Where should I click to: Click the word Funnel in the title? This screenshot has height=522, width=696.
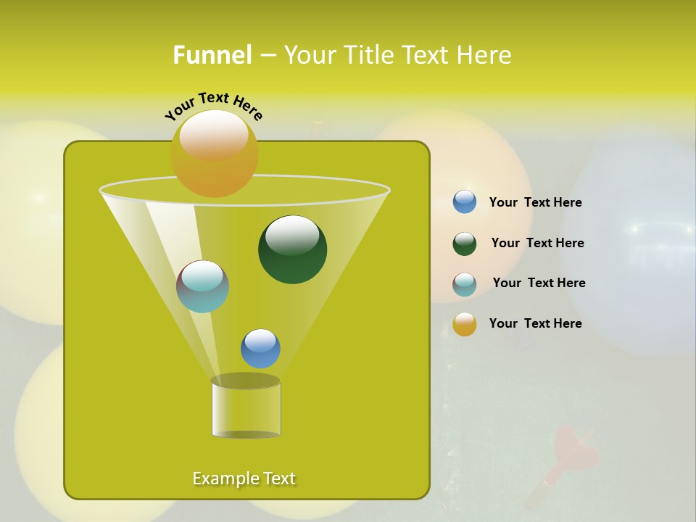point(212,55)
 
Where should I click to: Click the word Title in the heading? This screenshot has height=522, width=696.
point(369,55)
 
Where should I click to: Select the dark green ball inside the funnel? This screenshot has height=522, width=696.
point(292,250)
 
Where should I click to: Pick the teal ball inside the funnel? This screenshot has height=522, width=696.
point(202,287)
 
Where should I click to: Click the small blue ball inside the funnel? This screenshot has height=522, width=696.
point(260,349)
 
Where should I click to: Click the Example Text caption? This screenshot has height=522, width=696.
point(244,478)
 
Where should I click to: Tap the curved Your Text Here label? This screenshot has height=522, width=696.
point(213,106)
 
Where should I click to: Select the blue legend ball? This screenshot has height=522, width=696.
point(465,202)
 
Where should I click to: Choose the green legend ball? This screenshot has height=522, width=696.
point(465,244)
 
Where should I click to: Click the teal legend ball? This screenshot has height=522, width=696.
point(465,284)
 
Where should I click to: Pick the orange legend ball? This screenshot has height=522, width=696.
point(465,324)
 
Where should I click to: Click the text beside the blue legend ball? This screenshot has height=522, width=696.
point(535,203)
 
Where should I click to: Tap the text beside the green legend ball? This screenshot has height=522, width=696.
point(537,244)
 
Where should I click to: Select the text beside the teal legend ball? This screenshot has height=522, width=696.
point(539,283)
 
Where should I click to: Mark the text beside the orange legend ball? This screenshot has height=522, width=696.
point(535,324)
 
